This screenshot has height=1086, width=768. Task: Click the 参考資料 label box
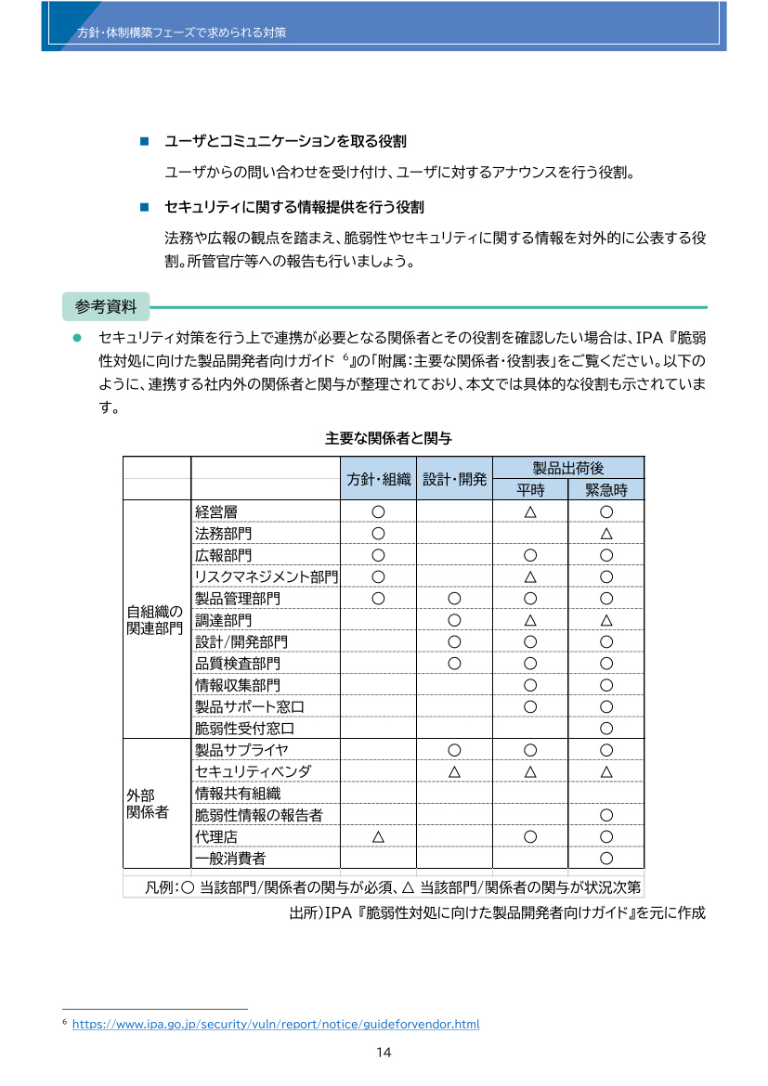[105, 305]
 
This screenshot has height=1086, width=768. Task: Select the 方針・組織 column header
[378, 479]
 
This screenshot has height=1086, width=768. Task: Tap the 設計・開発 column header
[454, 479]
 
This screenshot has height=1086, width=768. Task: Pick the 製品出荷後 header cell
[568, 468]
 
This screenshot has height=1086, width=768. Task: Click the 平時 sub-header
[530, 490]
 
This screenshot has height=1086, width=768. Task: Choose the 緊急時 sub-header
[605, 490]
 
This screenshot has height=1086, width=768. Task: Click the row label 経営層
[215, 511]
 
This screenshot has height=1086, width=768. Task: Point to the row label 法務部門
[223, 534]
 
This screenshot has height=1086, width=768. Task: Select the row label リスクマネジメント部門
[267, 577]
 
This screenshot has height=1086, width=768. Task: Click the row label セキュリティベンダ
[253, 771]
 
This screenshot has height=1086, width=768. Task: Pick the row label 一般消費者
[230, 858]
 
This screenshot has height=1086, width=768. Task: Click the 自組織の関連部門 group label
[155, 620]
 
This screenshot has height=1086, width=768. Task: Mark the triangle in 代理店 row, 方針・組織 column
[378, 836]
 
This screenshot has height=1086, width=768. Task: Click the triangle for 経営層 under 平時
[530, 511]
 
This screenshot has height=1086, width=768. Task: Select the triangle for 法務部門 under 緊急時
[605, 534]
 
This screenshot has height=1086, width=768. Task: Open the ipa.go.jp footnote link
[275, 1025]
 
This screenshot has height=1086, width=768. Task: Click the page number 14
[384, 1053]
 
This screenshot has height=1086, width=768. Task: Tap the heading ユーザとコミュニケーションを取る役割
[285, 141]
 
